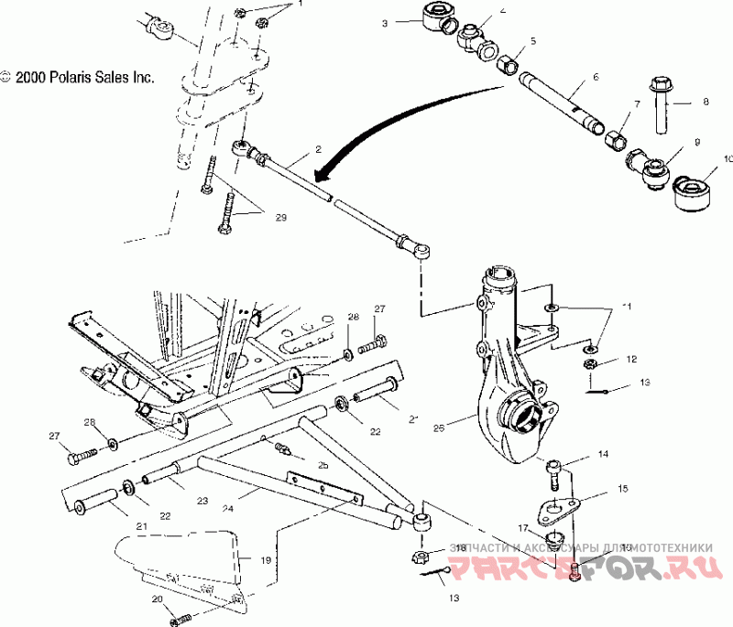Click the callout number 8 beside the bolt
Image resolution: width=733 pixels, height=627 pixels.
[x=706, y=103]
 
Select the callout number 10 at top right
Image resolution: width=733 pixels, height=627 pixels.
[x=728, y=158]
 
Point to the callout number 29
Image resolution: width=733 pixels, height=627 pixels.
[x=280, y=216]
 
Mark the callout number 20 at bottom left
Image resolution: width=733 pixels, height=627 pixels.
[x=157, y=599]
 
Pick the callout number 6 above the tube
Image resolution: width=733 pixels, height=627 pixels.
[x=596, y=77]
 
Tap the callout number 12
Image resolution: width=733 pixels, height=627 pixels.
[x=630, y=360]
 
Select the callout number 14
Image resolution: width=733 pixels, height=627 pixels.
[x=603, y=454]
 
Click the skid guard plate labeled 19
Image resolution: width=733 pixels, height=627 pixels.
[x=183, y=563]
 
